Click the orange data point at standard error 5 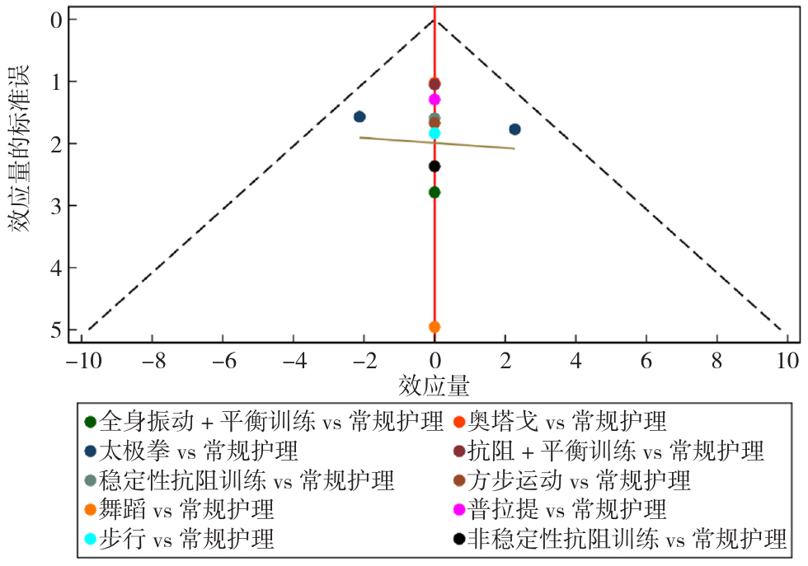tap(435, 327)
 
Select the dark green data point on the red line tap(435, 192)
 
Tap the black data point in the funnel tap(435, 166)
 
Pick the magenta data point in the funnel tap(435, 100)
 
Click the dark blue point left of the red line tap(359, 117)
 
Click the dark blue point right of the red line tap(514, 129)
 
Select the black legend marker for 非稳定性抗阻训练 tap(459, 540)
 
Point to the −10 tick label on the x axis tap(82, 362)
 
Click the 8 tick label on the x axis tap(716, 362)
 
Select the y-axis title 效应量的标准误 tap(20, 148)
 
